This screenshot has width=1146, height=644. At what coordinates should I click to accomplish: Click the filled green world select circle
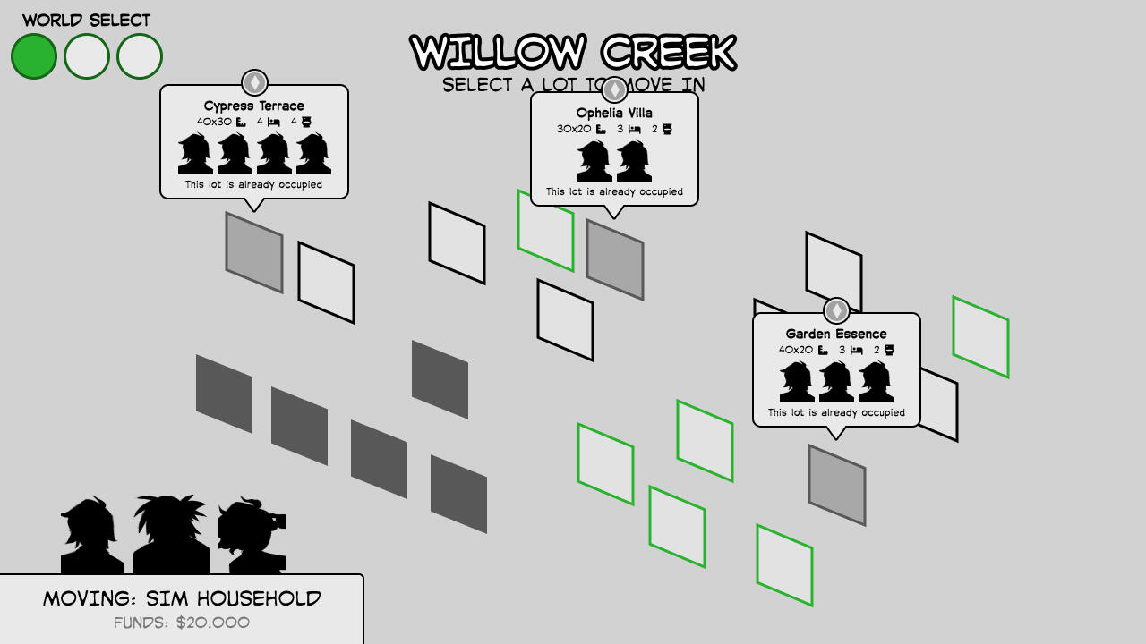[x=34, y=56]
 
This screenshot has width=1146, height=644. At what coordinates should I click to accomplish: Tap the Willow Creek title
[x=573, y=53]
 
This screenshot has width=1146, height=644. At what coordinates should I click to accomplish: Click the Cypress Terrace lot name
[x=254, y=106]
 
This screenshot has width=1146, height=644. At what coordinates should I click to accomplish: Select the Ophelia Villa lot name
[x=614, y=113]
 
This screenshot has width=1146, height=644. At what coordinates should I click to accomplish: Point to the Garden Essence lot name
[x=836, y=334]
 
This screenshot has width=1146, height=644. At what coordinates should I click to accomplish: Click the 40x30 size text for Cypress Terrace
[x=215, y=122]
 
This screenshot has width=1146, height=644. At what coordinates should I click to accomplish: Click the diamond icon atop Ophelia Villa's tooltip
[x=614, y=89]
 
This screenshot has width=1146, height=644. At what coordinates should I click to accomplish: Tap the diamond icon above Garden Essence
[x=836, y=310]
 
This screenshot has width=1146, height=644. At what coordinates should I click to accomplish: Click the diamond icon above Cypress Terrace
[x=254, y=82]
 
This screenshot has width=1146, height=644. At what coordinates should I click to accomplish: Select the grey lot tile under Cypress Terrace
[x=254, y=252]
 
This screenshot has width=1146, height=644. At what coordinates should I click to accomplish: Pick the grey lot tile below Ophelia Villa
[x=615, y=259]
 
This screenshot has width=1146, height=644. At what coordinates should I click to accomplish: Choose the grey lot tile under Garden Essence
[x=837, y=485]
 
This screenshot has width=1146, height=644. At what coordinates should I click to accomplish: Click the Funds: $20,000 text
[x=182, y=623]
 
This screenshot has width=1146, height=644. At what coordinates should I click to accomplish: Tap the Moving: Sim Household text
[x=182, y=598]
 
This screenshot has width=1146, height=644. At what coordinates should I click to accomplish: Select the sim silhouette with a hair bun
[x=252, y=537]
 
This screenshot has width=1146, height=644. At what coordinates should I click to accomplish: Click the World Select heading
[x=87, y=20]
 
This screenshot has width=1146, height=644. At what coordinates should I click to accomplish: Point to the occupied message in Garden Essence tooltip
[x=836, y=412]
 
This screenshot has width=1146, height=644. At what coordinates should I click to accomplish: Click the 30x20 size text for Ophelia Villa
[x=574, y=129]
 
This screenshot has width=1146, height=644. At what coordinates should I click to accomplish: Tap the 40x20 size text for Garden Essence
[x=796, y=350]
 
